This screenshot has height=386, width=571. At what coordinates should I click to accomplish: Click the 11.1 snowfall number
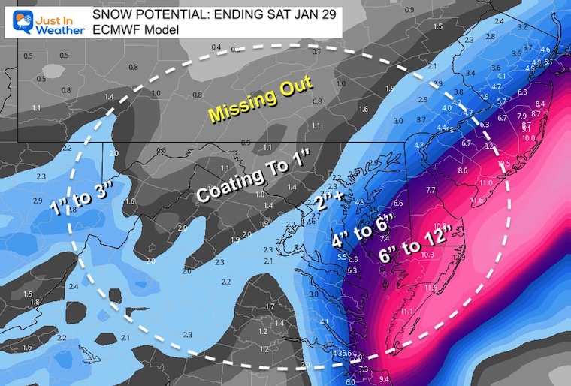[406, 312]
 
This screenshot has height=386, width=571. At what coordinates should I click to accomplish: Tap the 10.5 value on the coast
[503, 164]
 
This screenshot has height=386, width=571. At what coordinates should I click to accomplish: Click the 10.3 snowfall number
[427, 255]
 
